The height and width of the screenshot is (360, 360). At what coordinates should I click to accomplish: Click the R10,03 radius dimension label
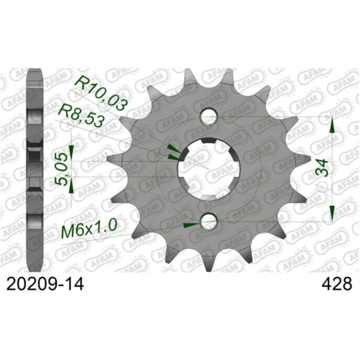pos(101,95)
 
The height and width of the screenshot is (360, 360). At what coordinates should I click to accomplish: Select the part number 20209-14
pos(43,284)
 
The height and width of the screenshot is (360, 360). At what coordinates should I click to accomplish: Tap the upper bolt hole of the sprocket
pos(208,116)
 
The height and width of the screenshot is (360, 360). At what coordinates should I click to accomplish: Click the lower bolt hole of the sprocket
pos(208,223)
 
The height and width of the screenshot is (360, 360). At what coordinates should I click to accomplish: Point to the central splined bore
pos(208,169)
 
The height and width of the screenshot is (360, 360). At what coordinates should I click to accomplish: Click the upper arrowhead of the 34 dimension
pos(332,125)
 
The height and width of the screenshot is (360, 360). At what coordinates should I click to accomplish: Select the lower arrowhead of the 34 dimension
pos(332,213)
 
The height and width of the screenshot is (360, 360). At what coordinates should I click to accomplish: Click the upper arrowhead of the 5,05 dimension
pos(71,148)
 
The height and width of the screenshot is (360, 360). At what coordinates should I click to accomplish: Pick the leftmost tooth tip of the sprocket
pos(109,160)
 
